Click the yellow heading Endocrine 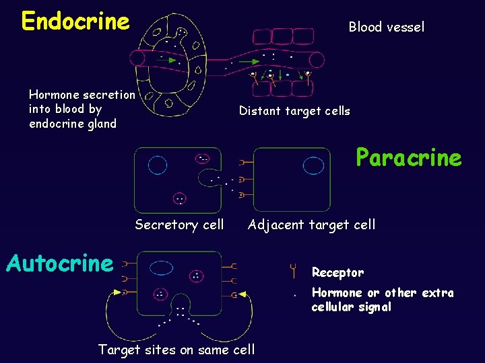(75, 22)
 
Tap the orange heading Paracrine (408, 159)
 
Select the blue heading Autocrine (59, 264)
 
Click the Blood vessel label (386, 28)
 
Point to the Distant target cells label (294, 112)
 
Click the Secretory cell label (179, 225)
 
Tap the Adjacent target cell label (311, 225)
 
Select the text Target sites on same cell (176, 350)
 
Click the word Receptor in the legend (337, 273)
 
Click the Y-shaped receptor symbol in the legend (293, 271)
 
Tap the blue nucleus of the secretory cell (158, 165)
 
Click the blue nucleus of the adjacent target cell (313, 165)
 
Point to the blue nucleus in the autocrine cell (162, 268)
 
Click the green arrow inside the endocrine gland (172, 60)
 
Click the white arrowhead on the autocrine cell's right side (242, 294)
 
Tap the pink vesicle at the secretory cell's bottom (179, 198)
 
